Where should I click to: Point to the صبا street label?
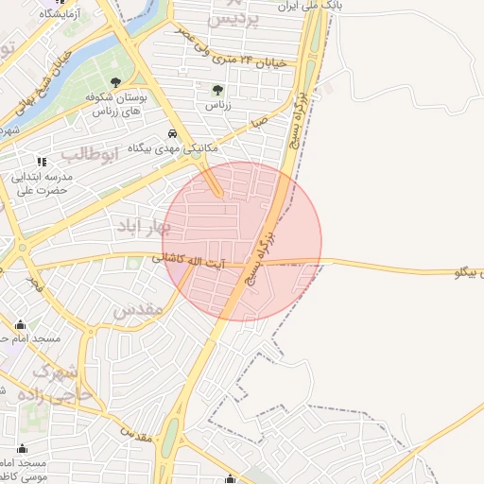click(x=260, y=123)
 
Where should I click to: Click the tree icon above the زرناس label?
click(x=218, y=91)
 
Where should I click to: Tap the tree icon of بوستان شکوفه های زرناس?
click(x=115, y=82)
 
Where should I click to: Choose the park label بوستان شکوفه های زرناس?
click(x=116, y=104)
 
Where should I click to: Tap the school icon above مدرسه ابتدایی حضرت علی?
click(x=41, y=160)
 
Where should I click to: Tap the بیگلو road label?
click(x=455, y=272)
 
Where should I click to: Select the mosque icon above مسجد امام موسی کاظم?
click(x=22, y=448)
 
